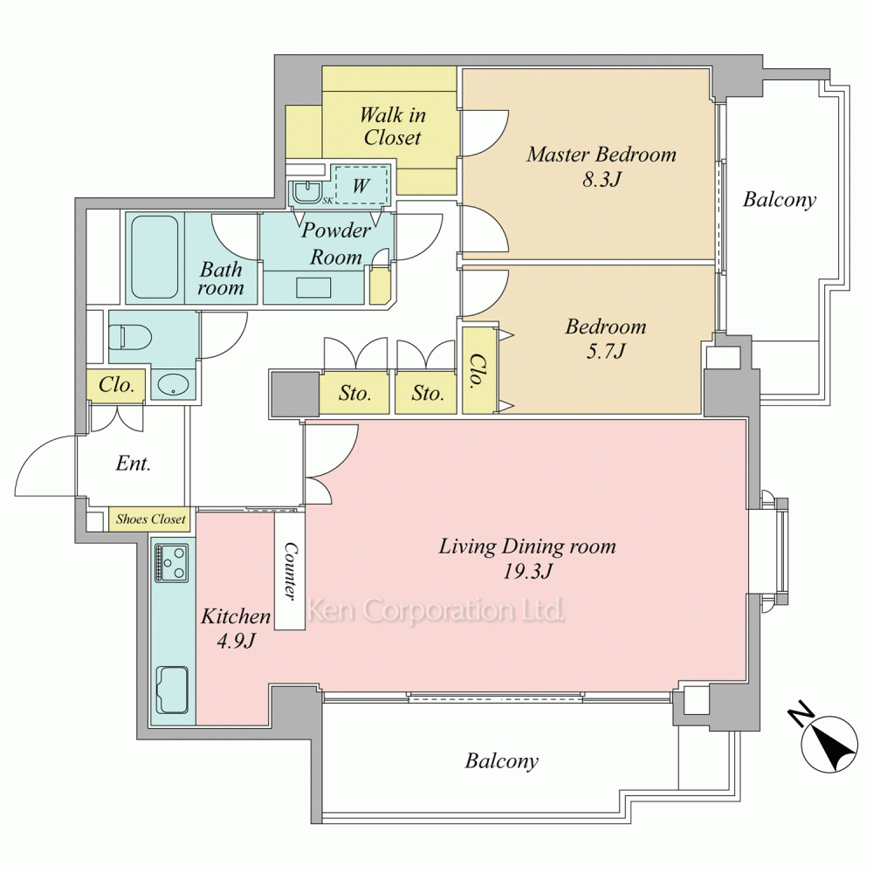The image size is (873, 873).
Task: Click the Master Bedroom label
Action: point(601,155)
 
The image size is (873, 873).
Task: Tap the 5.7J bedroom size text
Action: point(606,351)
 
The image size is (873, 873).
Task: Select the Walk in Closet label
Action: point(393,126)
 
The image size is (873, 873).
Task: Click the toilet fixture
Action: point(130,337)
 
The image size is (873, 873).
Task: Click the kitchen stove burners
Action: point(173,562)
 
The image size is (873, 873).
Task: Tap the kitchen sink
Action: point(173,691)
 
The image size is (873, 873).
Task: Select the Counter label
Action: point(290,571)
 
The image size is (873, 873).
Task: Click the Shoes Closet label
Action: point(150,519)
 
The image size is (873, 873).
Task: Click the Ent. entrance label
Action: point(133,464)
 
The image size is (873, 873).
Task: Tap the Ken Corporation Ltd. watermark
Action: point(436,610)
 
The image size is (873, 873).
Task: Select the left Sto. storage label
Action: point(354,394)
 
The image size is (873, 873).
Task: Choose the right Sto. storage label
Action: point(428,394)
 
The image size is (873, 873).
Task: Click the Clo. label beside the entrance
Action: point(116,384)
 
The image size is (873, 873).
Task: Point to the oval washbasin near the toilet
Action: point(173,384)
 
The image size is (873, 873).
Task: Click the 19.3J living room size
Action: point(527,572)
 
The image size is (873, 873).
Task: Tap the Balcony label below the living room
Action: point(502,761)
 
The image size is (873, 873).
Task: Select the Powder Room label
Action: point(336,244)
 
